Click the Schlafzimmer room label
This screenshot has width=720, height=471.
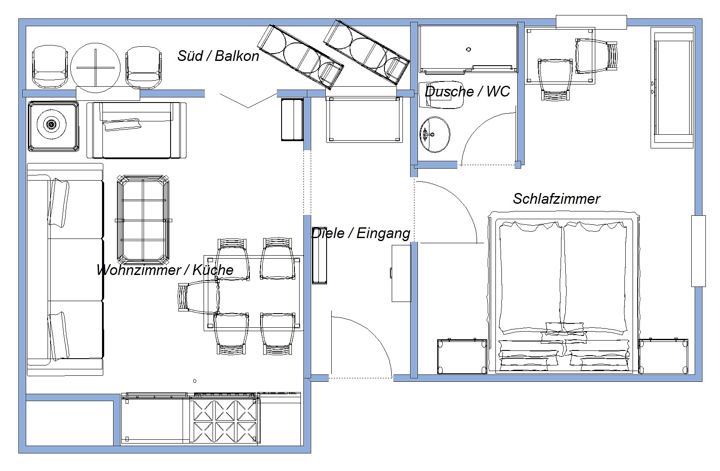click(x=556, y=199)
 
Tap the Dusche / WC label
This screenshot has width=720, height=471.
click(x=467, y=92)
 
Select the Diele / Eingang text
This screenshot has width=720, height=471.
click(x=361, y=233)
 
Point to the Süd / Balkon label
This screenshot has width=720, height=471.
click(x=218, y=56)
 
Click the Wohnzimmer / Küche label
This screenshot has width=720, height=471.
click(x=165, y=270)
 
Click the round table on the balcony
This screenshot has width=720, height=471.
click(x=96, y=68)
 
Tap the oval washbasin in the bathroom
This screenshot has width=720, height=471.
click(x=435, y=135)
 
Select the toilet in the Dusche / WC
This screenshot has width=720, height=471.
click(x=441, y=94)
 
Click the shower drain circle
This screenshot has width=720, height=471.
click(x=468, y=49)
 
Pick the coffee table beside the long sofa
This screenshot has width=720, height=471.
click(x=143, y=220)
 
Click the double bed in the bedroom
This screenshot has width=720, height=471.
click(x=564, y=293)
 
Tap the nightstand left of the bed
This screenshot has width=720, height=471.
click(x=462, y=356)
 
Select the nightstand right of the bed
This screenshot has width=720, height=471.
click(x=663, y=356)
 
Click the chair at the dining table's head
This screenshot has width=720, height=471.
click(x=199, y=297)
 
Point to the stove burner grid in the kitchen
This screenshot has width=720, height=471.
click(x=225, y=421)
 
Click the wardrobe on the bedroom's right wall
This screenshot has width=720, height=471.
click(x=672, y=88)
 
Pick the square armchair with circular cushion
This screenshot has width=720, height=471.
click(x=53, y=126)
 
